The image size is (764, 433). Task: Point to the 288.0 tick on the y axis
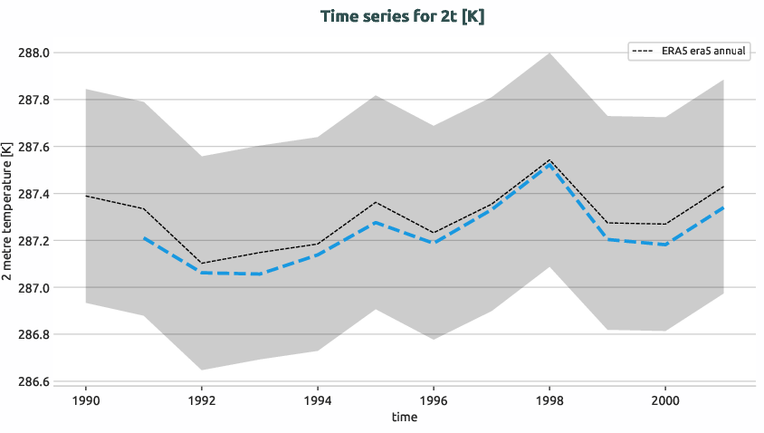point(33,53)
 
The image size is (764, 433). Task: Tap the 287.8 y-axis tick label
point(33,100)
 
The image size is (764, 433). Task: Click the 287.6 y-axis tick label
point(33,147)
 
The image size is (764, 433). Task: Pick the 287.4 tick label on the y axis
point(33,194)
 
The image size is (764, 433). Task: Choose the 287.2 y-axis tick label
point(33,241)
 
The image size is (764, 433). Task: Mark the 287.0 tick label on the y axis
point(33,288)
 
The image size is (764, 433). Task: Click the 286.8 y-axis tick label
point(33,335)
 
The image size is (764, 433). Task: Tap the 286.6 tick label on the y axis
point(33,381)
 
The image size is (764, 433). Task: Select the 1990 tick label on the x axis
point(86,399)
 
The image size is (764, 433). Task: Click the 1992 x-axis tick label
point(202,399)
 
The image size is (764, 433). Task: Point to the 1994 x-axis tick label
point(318,399)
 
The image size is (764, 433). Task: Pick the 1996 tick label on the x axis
point(434,399)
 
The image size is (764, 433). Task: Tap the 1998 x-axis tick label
point(549,399)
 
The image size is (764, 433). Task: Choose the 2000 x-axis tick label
point(665,399)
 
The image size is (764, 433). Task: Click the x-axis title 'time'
point(405,417)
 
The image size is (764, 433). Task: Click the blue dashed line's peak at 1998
point(549,166)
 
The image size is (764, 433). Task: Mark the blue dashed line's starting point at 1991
point(144,238)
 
